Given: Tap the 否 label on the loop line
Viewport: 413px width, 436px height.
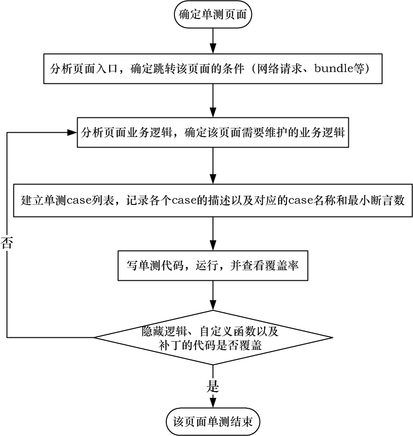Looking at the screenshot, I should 7,242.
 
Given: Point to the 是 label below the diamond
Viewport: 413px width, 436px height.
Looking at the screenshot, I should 212,386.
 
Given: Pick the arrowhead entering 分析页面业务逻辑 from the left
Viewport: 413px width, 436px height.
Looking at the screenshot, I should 72,132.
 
